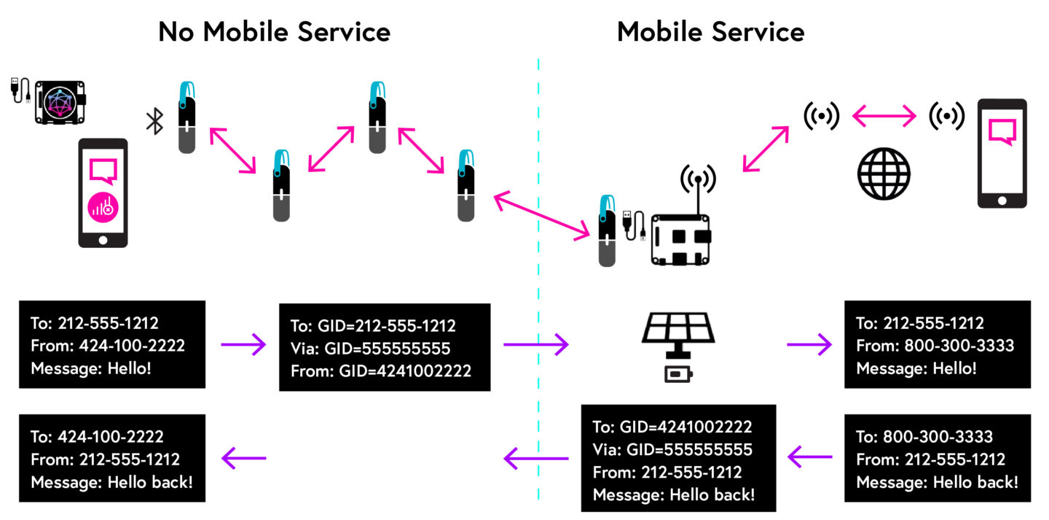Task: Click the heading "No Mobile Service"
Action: [274, 31]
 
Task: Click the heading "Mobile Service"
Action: [710, 31]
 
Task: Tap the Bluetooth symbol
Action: [154, 121]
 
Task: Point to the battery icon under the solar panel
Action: [678, 375]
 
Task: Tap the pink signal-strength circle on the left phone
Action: [103, 207]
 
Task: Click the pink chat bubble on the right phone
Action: [1002, 132]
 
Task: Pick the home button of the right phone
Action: [1002, 200]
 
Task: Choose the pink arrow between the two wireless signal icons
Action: [884, 115]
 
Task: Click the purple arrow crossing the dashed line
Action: [535, 344]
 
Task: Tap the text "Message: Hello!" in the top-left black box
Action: [91, 368]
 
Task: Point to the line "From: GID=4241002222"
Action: [380, 371]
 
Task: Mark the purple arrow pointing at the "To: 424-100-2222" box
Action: [243, 458]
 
